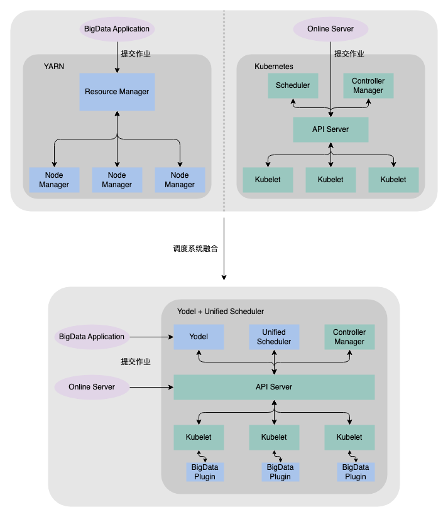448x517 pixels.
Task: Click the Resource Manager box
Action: (117, 92)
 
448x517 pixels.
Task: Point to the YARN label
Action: (54, 66)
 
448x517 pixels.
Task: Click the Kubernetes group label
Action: (273, 66)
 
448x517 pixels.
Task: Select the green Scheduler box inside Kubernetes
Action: (293, 85)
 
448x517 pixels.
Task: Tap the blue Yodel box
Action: (199, 337)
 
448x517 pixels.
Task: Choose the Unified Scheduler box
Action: (274, 337)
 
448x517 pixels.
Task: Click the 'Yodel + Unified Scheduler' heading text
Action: (221, 312)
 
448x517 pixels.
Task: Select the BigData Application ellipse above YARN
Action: (117, 29)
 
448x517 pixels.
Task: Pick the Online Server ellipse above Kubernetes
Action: (331, 29)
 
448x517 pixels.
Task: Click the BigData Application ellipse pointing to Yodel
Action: (92, 337)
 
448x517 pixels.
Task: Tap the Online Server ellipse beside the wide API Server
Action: (92, 387)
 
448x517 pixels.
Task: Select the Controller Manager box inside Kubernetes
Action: (368, 85)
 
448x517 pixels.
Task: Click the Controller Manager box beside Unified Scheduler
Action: (349, 337)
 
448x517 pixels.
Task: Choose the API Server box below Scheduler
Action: (331, 129)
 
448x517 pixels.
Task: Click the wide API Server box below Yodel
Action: (274, 387)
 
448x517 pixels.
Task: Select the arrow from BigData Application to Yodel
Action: (151, 337)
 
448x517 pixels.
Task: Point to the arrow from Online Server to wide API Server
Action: (151, 387)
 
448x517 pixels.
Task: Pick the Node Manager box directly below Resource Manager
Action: (117, 180)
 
